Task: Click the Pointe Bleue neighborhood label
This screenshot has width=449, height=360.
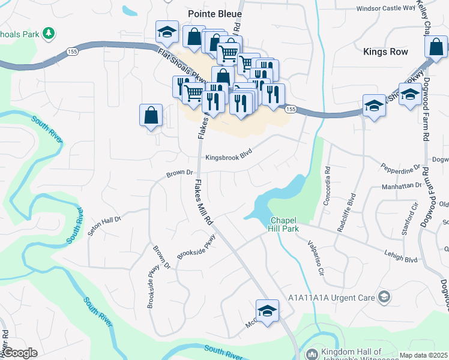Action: (214, 14)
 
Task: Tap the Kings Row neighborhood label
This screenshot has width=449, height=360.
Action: (385, 52)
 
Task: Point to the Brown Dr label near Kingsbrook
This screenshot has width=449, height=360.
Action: (179, 174)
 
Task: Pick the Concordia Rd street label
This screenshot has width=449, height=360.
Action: (327, 186)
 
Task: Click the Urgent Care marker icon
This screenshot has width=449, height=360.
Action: (384, 296)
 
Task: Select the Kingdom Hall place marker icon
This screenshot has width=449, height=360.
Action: (311, 354)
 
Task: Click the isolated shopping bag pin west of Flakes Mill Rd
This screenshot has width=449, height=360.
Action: (151, 115)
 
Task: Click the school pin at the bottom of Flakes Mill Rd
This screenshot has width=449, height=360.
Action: (267, 310)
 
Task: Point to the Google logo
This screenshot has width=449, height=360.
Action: (20, 353)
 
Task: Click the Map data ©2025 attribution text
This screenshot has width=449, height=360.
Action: (423, 355)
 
